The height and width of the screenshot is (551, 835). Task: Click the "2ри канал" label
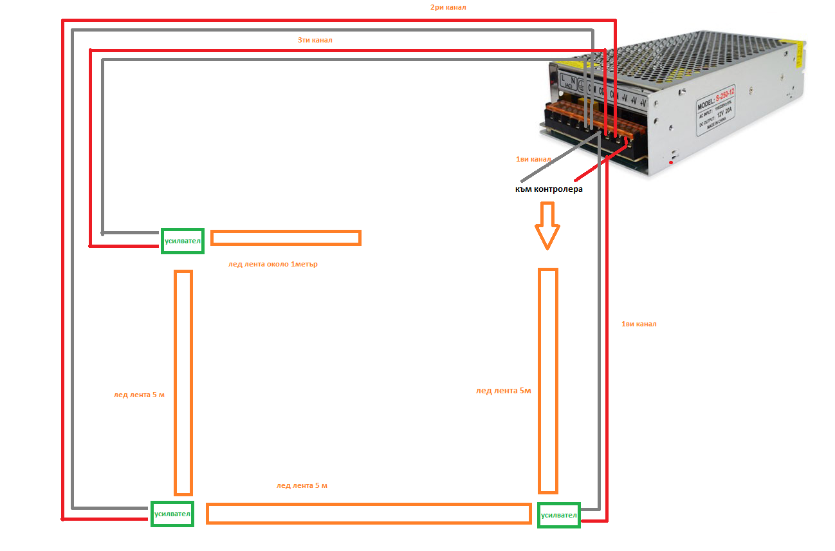coord(448,8)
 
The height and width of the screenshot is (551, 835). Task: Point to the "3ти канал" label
coord(315,40)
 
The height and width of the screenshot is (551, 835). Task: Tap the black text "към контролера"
coord(549,189)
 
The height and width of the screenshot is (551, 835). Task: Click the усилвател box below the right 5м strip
coord(559,515)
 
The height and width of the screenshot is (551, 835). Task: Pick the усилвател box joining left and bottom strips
coord(172,514)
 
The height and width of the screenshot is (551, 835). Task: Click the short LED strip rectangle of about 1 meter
coord(286,238)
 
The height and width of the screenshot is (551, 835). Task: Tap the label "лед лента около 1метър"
coord(273,265)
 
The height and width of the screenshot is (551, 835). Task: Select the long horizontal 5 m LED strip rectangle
coord(368,513)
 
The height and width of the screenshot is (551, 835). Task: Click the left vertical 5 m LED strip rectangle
coord(183,382)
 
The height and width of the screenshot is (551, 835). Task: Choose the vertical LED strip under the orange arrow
coord(547,381)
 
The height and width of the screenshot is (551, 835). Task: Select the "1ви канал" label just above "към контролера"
coord(533,159)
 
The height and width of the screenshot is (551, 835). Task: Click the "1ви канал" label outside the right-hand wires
coord(639,324)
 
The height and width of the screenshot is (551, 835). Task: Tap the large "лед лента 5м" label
coord(504,390)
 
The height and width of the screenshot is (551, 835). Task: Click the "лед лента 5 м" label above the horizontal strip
coord(302,485)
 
